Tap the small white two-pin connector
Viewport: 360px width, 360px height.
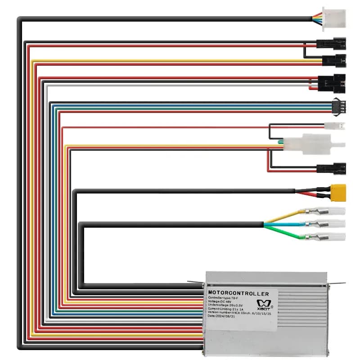click(335, 126)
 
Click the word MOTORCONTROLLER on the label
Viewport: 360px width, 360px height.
click(238, 294)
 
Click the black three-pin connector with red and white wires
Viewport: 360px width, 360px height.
click(332, 82)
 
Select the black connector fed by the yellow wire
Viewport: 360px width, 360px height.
click(334, 59)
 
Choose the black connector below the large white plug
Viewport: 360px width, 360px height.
click(331, 169)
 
